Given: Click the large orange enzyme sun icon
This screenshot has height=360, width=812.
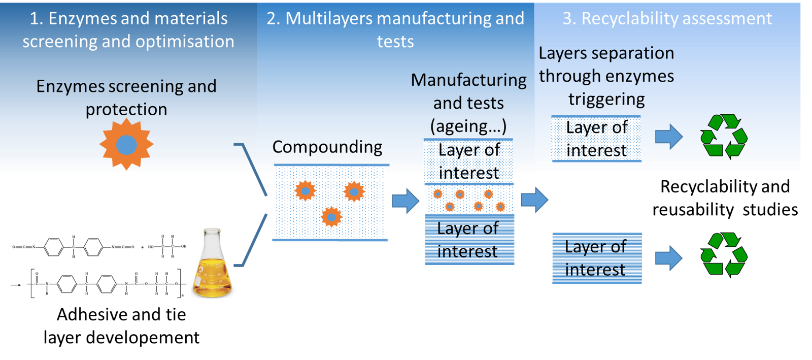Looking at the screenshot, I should click(x=126, y=145).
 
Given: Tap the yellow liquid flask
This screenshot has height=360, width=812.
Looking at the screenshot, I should click(x=213, y=264).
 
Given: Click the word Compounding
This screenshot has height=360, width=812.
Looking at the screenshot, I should click(x=327, y=147).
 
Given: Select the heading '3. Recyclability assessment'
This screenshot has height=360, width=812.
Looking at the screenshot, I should click(x=667, y=19).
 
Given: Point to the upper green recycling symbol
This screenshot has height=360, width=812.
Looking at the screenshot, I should click(x=724, y=136).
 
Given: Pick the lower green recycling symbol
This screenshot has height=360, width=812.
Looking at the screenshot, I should click(x=724, y=254).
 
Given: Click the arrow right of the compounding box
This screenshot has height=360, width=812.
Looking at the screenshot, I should click(x=405, y=201).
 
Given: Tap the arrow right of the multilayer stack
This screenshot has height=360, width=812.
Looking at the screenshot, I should click(x=534, y=200).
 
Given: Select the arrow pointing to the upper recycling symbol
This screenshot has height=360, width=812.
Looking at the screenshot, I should click(x=669, y=137).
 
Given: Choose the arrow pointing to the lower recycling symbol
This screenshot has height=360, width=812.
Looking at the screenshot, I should click(x=669, y=258).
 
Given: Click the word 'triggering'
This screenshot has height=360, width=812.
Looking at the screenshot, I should click(x=606, y=100).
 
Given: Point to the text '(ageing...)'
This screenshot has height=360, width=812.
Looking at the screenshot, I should click(x=468, y=126).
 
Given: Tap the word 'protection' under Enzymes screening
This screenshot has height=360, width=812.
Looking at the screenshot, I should click(x=126, y=110).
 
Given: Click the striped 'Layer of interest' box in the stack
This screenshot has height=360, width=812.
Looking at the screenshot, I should click(x=469, y=240).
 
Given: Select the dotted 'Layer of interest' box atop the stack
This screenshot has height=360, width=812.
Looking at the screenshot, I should click(x=468, y=161).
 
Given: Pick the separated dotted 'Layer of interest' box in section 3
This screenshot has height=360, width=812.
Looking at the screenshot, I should click(x=596, y=139).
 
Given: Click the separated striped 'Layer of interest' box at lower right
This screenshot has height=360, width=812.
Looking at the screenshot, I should click(x=596, y=258).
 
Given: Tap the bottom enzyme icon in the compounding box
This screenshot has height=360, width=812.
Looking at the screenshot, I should click(x=331, y=217).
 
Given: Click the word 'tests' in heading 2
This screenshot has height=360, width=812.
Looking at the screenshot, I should click(x=395, y=42).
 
